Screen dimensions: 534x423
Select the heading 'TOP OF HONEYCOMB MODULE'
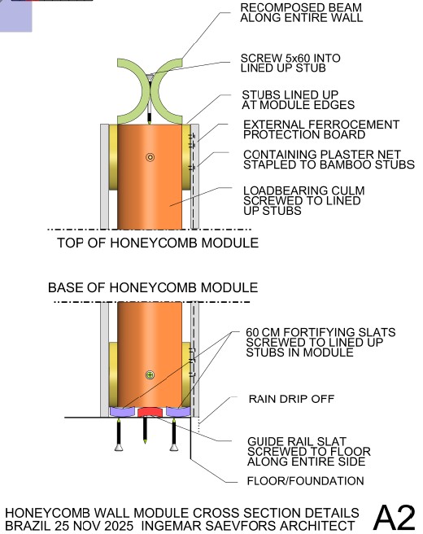(158, 243)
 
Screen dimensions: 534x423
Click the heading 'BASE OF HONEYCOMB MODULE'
(153, 288)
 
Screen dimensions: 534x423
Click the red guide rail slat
(149, 412)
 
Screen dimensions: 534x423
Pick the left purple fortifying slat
(121, 412)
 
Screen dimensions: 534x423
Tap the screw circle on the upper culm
(150, 157)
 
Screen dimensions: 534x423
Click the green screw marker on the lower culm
(150, 374)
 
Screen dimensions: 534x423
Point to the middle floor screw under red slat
(145, 435)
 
